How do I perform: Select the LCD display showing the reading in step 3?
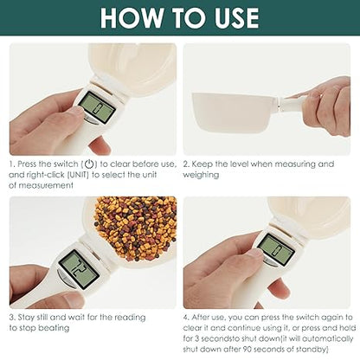(79, 268)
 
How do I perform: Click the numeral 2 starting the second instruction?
(186, 164)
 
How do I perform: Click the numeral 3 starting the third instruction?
(11, 318)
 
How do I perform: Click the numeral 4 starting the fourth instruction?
(186, 318)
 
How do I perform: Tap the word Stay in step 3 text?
(29, 318)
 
